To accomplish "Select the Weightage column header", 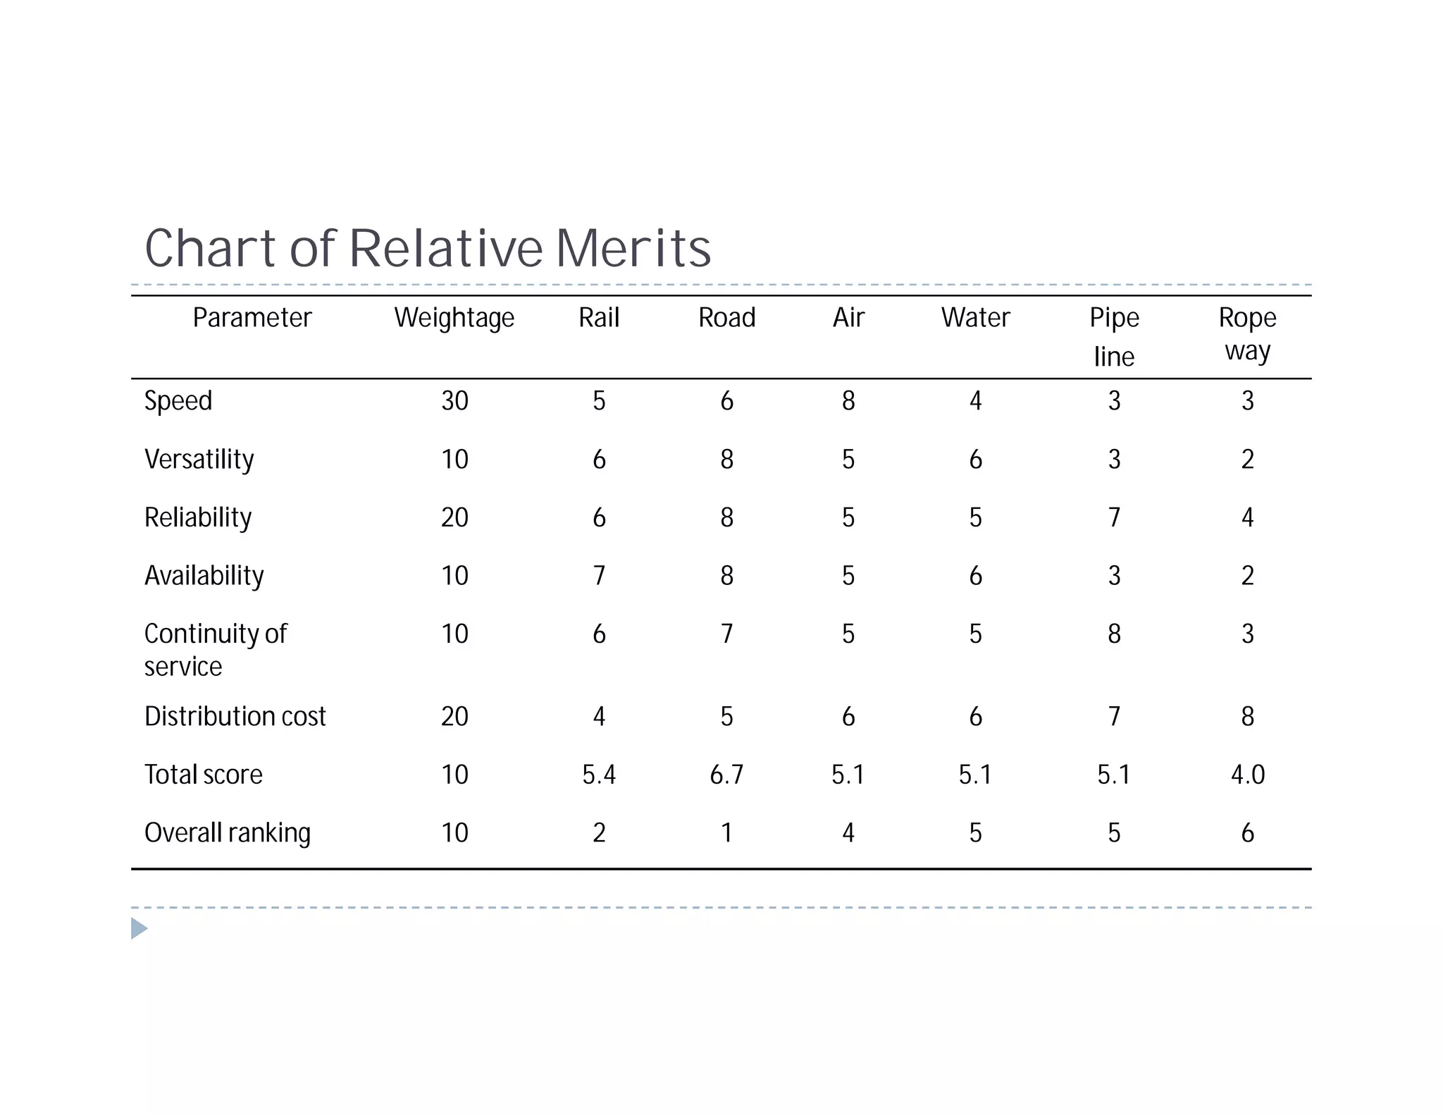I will point(454,318).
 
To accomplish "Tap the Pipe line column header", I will point(1114,336).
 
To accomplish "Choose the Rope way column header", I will point(1247,333).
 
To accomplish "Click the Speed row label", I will point(178,401).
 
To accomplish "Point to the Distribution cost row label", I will point(235,717).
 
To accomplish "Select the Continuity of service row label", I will point(215,649).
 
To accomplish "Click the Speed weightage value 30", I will point(454,401).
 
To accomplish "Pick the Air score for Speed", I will point(848,401).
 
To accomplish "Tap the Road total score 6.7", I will point(726,775).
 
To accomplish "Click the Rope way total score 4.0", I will point(1247,775).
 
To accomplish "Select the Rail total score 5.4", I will point(599,775).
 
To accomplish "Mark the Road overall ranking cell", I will point(726,833).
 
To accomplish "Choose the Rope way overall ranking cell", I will point(1247,833).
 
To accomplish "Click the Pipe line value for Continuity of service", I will point(1114,634).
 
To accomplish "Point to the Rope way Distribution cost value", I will point(1247,717).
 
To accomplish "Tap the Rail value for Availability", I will point(599,576).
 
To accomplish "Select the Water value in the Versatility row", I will point(975,460).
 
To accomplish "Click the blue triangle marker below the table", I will point(139,928).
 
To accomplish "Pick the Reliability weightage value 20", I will point(454,518).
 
